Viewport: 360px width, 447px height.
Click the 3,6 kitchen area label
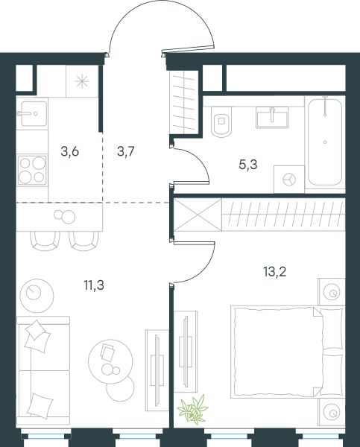pyautogui.click(x=69, y=151)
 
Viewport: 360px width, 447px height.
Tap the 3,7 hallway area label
pyautogui.click(x=125, y=151)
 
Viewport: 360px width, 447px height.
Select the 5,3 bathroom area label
pyautogui.click(x=248, y=165)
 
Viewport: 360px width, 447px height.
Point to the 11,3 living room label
pyautogui.click(x=94, y=285)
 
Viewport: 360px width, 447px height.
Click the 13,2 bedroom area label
pyautogui.click(x=275, y=272)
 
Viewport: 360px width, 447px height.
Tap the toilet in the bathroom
pyautogui.click(x=221, y=121)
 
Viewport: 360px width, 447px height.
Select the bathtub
pyautogui.click(x=325, y=142)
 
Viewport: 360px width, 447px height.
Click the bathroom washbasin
pyautogui.click(x=272, y=118)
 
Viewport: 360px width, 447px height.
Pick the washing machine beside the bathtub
pyautogui.click(x=289, y=180)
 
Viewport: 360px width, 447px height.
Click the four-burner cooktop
pyautogui.click(x=32, y=170)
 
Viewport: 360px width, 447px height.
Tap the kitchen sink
pyautogui.click(x=34, y=113)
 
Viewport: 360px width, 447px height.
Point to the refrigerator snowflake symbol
pyautogui.click(x=82, y=81)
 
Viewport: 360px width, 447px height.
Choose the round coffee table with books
pyautogui.click(x=110, y=361)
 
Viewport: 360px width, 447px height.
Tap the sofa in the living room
pyautogui.click(x=43, y=370)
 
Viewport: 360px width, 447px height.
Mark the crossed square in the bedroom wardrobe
pyautogui.click(x=198, y=215)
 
